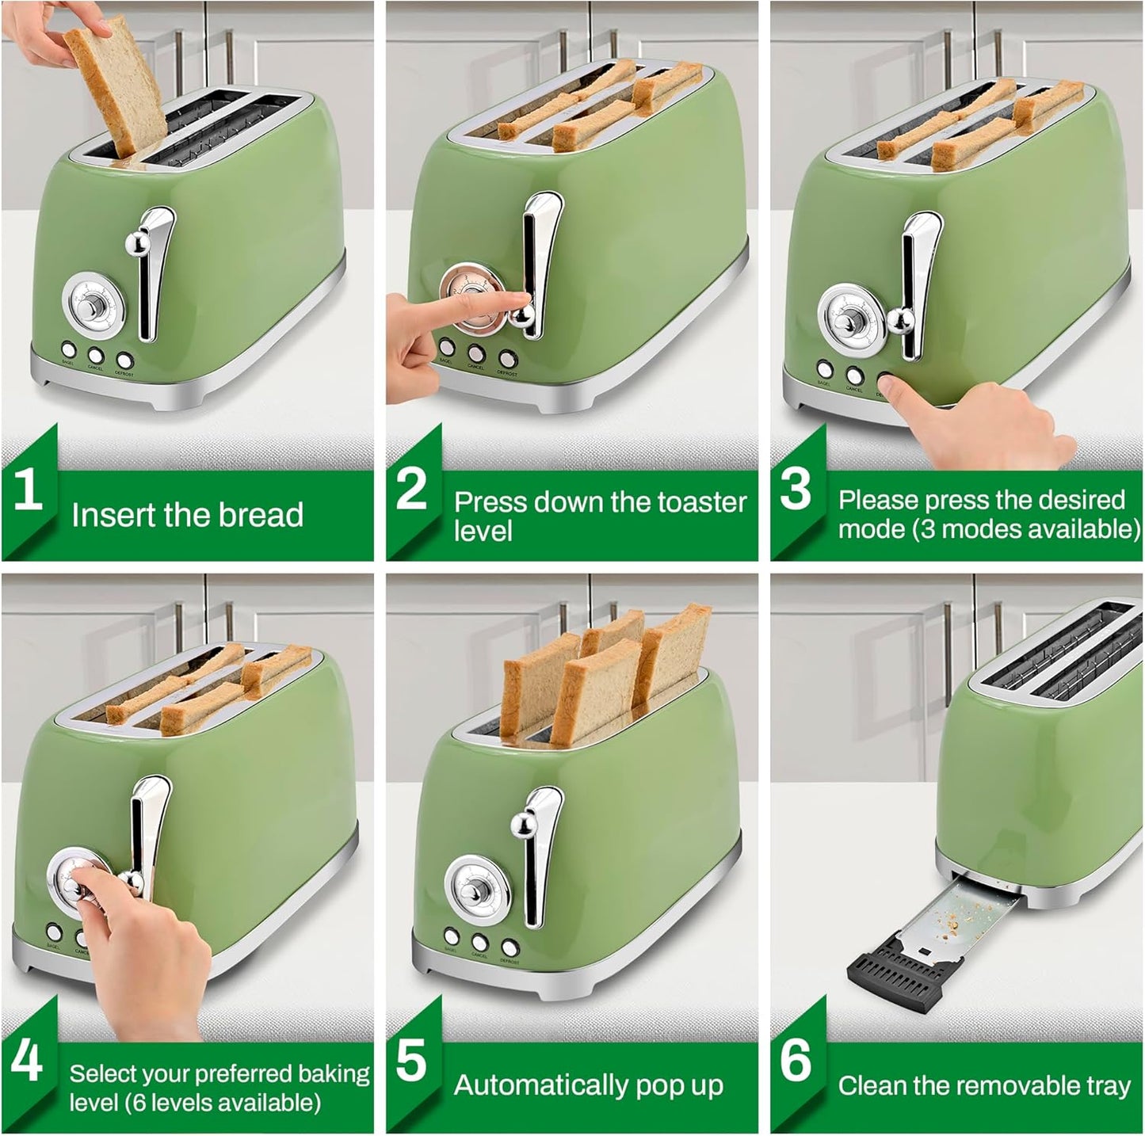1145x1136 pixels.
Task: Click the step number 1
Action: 28,489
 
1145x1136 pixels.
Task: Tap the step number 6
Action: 796,1060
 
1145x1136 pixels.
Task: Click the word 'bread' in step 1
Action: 261,515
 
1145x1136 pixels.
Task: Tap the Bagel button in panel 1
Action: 68,349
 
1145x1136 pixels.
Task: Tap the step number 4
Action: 26,1060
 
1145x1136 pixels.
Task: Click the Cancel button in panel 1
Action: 95,355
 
